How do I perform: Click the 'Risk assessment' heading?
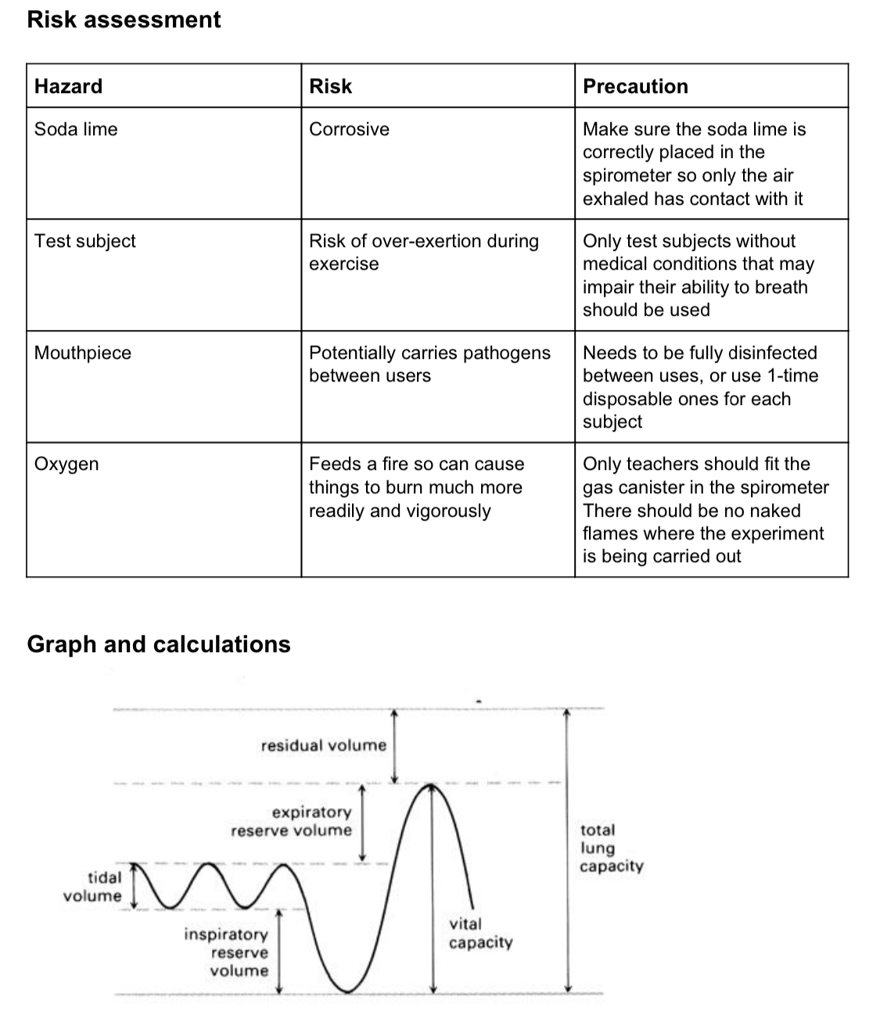(124, 20)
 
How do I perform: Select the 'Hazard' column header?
(68, 86)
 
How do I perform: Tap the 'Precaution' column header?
(635, 86)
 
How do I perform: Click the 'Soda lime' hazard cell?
(76, 129)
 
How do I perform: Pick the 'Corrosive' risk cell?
(349, 129)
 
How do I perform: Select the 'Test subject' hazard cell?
(84, 241)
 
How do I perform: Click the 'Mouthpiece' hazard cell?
(83, 353)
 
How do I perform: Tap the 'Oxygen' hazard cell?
(66, 464)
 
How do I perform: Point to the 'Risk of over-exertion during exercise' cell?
(423, 252)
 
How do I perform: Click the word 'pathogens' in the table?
(507, 353)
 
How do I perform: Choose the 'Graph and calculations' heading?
(159, 644)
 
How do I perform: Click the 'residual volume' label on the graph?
(324, 745)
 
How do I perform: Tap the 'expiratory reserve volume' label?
(292, 821)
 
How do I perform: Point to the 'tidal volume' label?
(93, 887)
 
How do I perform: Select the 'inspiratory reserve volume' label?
(227, 952)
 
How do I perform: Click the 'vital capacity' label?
(480, 933)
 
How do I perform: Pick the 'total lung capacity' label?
(611, 848)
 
